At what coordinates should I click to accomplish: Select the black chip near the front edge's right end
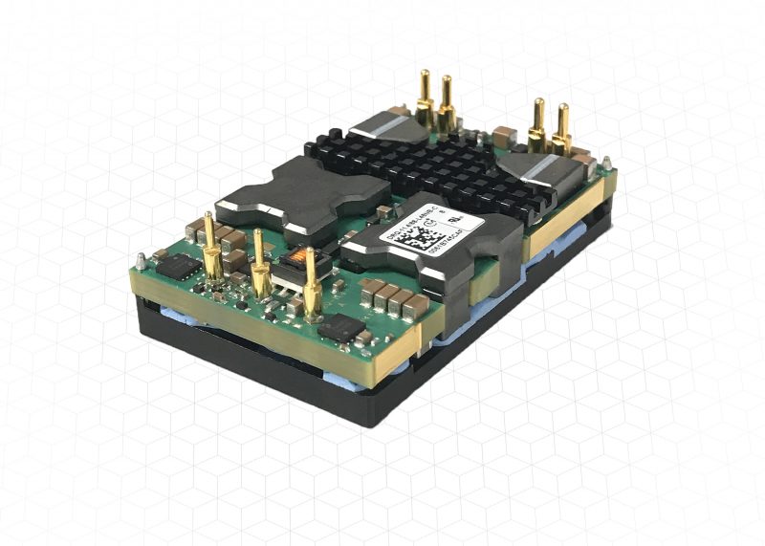(342, 329)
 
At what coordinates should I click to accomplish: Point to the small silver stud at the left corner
(141, 259)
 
